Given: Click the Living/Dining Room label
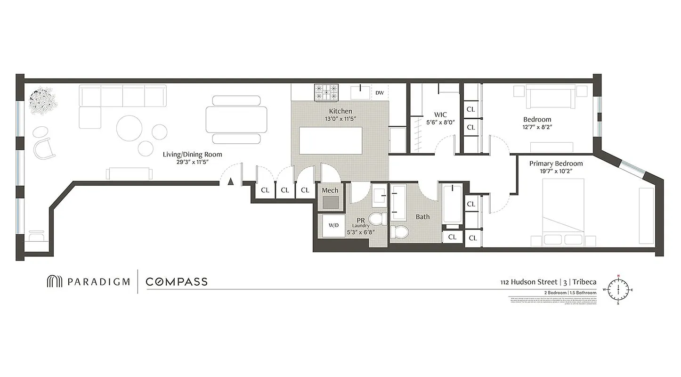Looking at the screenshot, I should pos(192,154).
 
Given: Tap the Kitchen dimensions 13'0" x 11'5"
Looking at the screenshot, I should pos(340,119).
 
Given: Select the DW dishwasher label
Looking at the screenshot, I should pos(380,92).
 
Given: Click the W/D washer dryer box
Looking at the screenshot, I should pos(333,225).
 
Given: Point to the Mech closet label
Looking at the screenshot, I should pos(330,190).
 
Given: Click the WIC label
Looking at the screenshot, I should pos(440,115).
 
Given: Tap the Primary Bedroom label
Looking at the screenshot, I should pos(556,164).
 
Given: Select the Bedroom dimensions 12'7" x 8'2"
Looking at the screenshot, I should pos(537,127).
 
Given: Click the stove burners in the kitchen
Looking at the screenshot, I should pos(326,92).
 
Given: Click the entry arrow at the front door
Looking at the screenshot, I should pos(231,181).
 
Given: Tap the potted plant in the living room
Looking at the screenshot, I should pos(43,100).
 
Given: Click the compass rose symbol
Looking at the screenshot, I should pos(618,289).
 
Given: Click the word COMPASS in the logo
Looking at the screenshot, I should pos(177,282).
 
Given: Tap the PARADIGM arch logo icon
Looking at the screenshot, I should pos(54,282).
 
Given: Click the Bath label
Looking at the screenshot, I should pos(422,217).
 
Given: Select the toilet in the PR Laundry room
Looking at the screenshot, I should pos(377,219).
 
